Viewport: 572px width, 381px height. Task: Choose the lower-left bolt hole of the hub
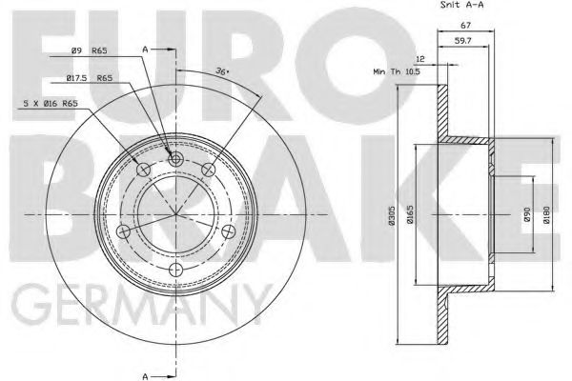120,232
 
